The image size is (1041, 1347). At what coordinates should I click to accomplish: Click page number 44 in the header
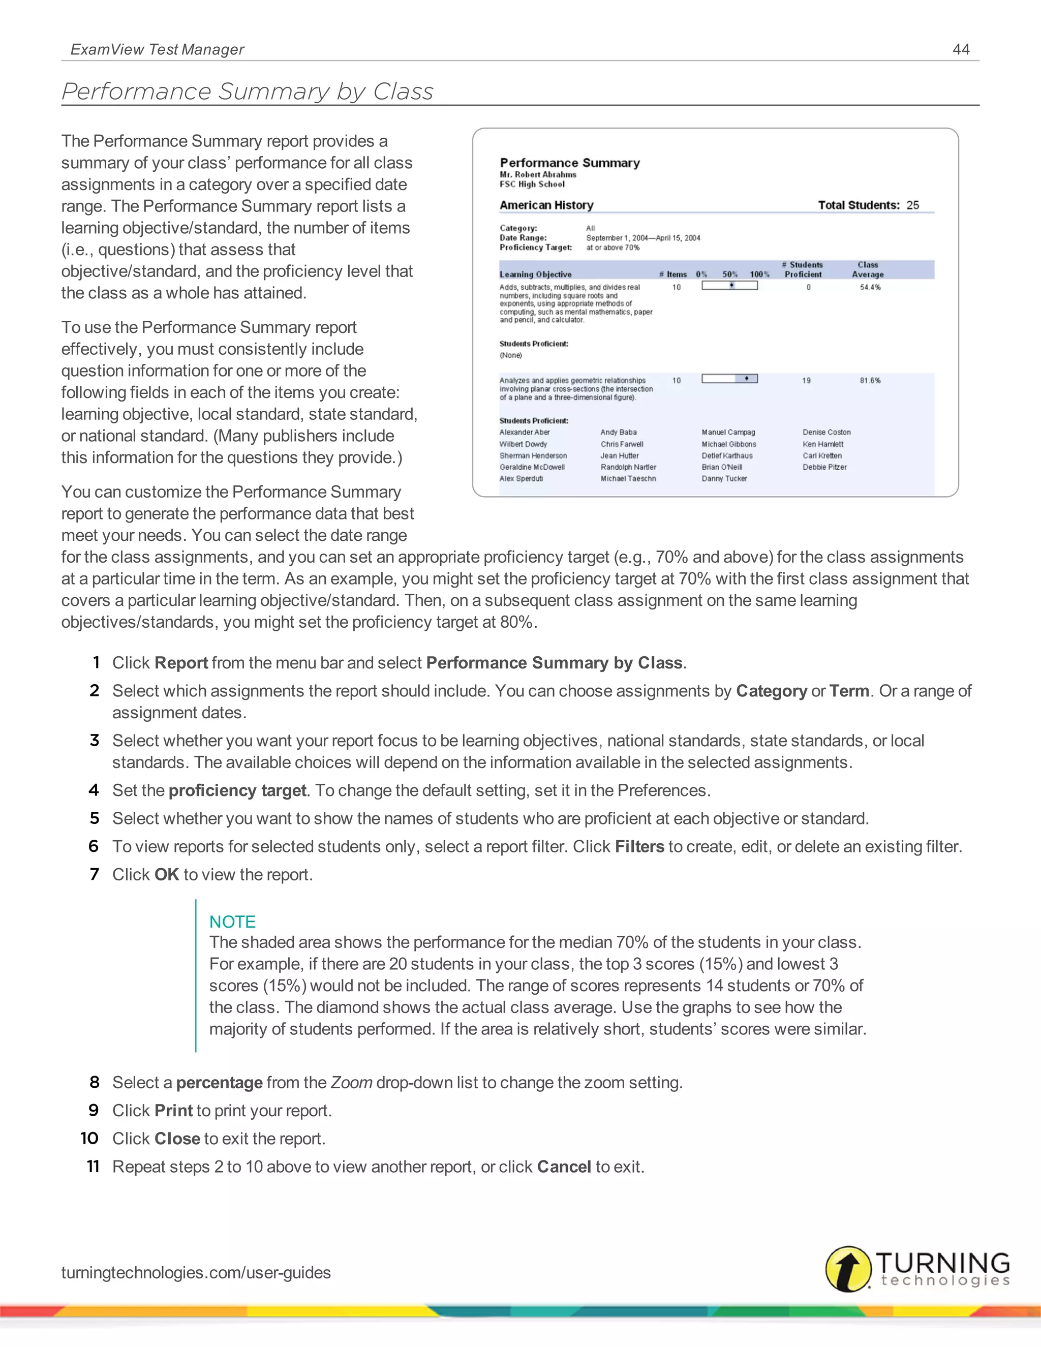click(x=961, y=49)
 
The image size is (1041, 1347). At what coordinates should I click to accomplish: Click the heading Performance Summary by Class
click(x=248, y=91)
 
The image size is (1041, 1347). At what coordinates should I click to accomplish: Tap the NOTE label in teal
click(x=232, y=922)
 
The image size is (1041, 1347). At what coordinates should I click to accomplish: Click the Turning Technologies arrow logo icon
click(x=848, y=1269)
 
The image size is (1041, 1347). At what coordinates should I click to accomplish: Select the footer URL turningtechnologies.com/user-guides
click(x=196, y=1272)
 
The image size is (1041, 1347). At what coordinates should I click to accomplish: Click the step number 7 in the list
click(x=95, y=875)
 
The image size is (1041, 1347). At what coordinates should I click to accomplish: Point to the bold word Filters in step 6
click(x=639, y=847)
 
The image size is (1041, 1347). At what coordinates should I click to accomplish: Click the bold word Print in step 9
click(x=174, y=1111)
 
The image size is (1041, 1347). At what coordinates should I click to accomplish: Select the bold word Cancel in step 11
click(x=564, y=1167)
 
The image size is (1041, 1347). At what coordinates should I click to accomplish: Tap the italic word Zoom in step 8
click(x=351, y=1083)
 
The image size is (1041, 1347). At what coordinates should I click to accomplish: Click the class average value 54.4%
click(x=870, y=287)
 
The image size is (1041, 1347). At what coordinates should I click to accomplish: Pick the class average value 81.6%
click(x=870, y=381)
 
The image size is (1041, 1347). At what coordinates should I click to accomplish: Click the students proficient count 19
click(x=806, y=381)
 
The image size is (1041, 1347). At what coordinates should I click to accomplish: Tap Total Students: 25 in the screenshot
click(x=868, y=205)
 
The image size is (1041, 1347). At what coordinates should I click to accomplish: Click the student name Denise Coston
click(x=826, y=433)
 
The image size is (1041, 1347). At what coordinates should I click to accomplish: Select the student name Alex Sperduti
click(x=521, y=479)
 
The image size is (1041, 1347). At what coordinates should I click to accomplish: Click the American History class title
click(x=546, y=205)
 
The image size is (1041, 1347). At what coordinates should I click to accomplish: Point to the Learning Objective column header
click(x=535, y=274)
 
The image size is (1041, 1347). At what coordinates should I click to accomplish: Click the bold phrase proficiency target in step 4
click(x=237, y=791)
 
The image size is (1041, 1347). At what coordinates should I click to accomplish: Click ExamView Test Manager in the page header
click(x=157, y=49)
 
